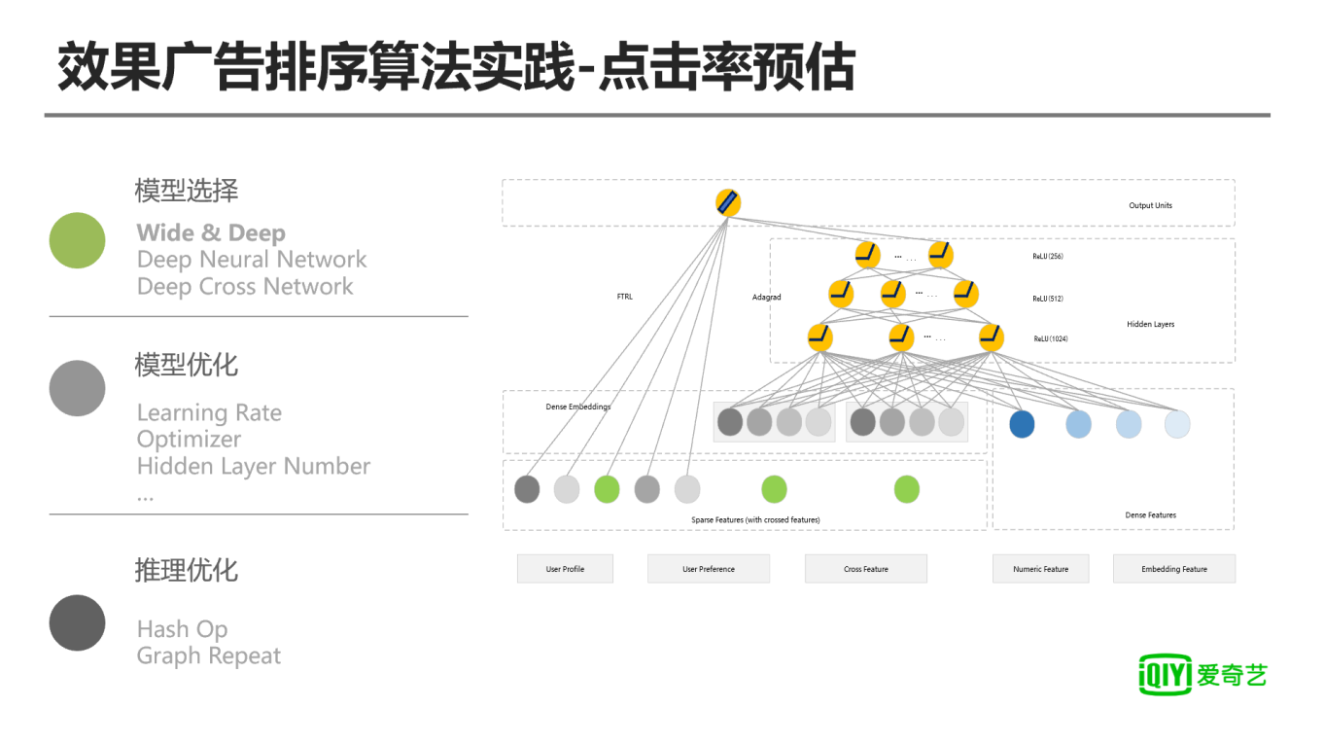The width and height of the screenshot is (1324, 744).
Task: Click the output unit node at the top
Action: (728, 202)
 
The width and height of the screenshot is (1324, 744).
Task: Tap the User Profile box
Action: (565, 569)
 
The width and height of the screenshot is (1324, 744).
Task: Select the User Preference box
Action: (708, 569)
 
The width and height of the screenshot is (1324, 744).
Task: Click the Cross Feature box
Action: (865, 569)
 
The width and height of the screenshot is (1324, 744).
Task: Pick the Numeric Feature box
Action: (1040, 569)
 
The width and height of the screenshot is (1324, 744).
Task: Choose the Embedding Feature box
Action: (1173, 569)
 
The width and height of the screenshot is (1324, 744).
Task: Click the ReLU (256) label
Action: (1047, 257)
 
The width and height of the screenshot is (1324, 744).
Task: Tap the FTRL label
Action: (624, 297)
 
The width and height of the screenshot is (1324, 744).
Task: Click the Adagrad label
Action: (766, 297)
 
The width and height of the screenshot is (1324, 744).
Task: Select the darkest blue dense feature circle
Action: (1021, 424)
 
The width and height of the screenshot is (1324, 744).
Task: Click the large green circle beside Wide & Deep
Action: (77, 240)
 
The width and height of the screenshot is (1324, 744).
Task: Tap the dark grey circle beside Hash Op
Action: (77, 622)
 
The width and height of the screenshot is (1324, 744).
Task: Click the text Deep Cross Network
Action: (245, 287)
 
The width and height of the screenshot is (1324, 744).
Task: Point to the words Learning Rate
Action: (209, 413)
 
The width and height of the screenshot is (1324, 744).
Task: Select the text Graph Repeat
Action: (209, 656)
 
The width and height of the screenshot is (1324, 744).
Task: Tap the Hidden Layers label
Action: (1150, 324)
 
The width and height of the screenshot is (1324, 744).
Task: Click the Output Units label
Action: (1150, 205)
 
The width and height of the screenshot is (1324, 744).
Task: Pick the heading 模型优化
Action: (186, 366)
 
